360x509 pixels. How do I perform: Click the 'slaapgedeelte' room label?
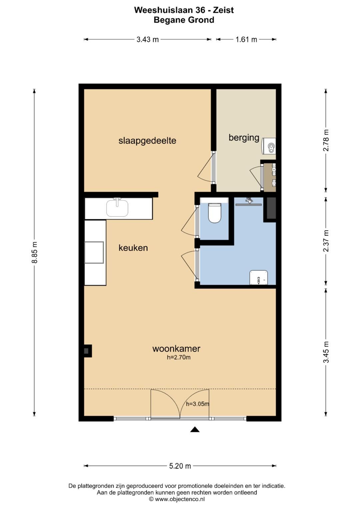(x=147, y=141)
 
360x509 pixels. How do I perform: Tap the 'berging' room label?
(x=244, y=138)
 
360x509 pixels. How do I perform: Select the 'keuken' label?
(x=133, y=248)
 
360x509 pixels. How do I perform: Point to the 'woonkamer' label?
(x=176, y=348)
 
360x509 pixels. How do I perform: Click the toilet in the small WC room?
(x=215, y=213)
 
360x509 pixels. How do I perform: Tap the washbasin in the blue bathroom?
(x=259, y=277)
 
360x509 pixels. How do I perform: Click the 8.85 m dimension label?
(x=35, y=252)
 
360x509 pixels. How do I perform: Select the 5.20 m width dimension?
(x=180, y=466)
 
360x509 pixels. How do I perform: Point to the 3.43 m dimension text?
(x=147, y=40)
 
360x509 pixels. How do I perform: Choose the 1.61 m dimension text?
(x=246, y=40)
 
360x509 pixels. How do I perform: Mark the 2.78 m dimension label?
(x=326, y=140)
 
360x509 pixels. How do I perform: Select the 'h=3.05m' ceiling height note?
(x=197, y=404)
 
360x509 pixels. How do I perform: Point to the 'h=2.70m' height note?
(x=179, y=357)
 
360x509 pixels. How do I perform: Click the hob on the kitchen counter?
(x=94, y=252)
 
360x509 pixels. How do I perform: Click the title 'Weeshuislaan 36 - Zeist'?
(x=184, y=10)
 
